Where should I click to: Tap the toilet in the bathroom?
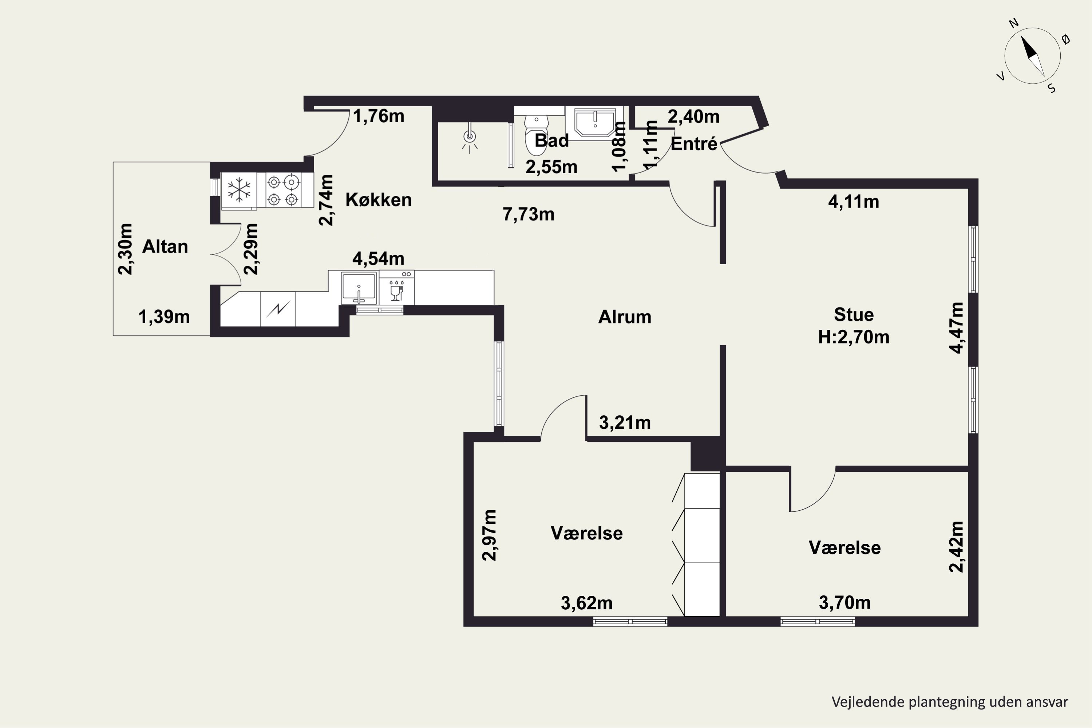536,135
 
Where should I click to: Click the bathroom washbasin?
595,123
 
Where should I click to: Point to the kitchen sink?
359,288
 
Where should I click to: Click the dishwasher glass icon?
396,290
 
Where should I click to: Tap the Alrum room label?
625,317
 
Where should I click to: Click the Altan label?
165,246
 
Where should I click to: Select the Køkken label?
379,199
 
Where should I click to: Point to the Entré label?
694,143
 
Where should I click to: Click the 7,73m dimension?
529,214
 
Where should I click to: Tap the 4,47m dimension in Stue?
957,328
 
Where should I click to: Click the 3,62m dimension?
586,603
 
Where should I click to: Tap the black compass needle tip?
1021,36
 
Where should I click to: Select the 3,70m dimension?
844,603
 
